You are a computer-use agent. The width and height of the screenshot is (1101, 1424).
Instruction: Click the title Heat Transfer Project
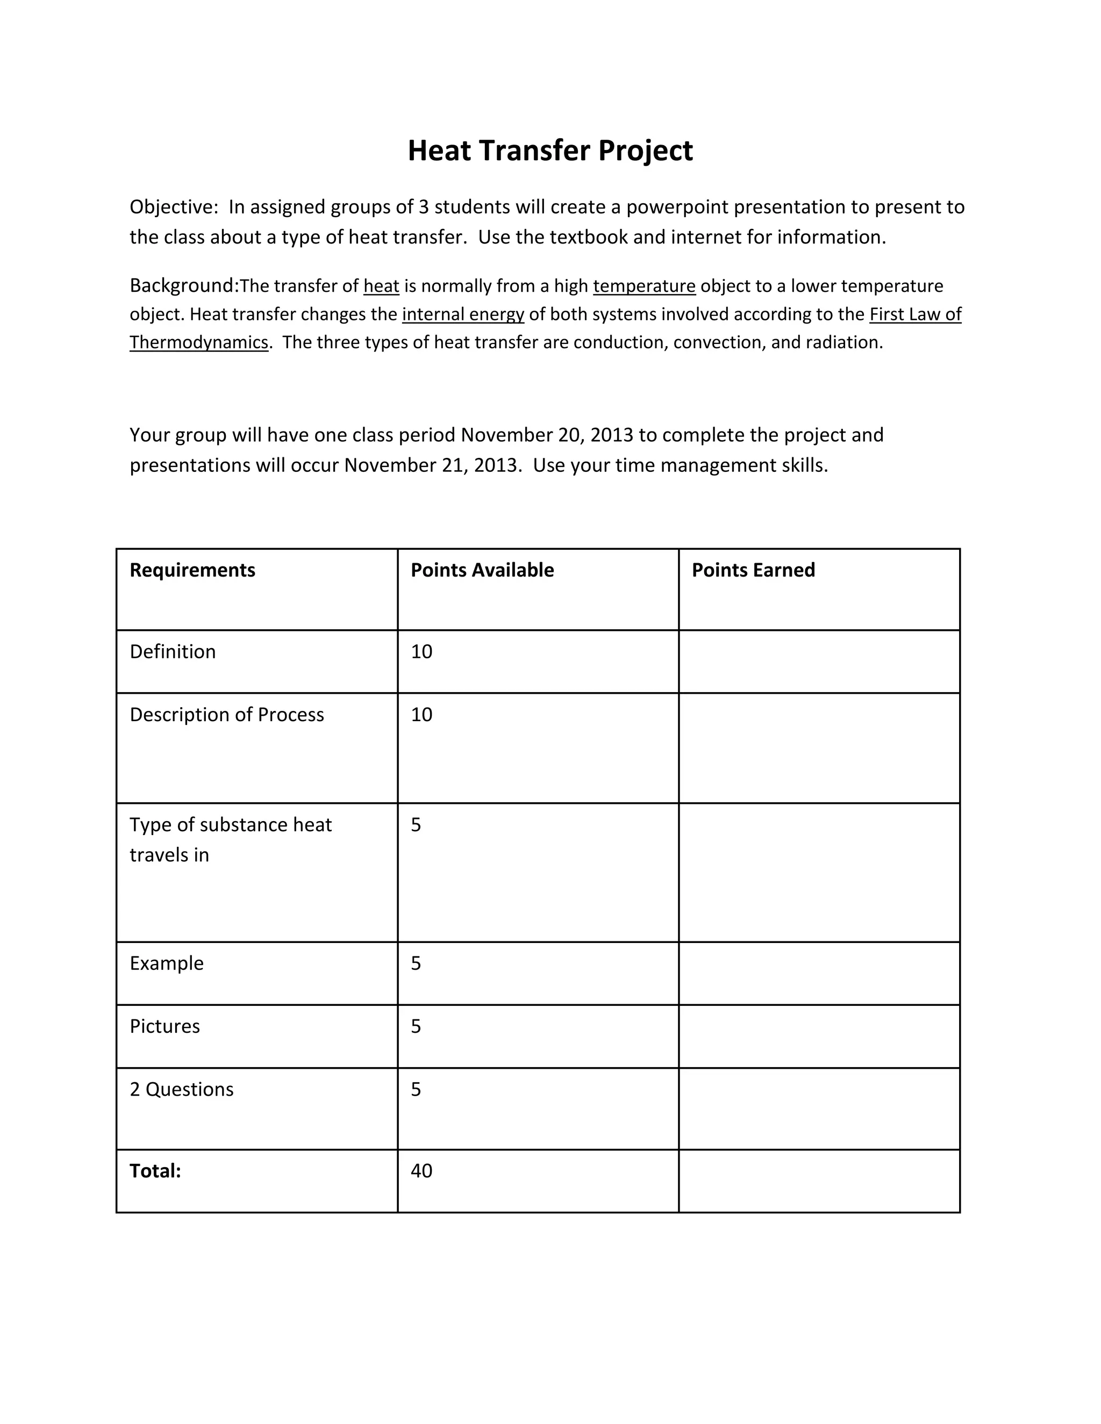(550, 150)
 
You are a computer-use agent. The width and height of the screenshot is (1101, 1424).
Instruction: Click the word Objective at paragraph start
(172, 207)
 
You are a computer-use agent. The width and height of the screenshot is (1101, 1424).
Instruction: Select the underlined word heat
(381, 286)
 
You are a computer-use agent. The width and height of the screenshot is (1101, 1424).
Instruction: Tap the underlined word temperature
(644, 286)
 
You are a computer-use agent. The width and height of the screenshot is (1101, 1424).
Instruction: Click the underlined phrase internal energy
(463, 314)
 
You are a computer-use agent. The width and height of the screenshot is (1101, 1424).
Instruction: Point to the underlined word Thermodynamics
(199, 342)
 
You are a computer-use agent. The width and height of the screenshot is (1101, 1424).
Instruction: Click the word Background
(183, 285)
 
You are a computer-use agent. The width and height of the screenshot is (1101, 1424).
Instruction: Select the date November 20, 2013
(547, 435)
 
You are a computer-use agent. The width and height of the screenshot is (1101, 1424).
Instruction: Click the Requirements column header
(192, 570)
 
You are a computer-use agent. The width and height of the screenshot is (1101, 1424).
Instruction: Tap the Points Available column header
(482, 570)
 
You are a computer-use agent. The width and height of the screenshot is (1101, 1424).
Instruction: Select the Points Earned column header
(753, 570)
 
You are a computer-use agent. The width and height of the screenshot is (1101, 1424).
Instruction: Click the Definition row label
(172, 651)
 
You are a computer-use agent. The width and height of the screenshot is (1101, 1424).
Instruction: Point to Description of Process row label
(226, 715)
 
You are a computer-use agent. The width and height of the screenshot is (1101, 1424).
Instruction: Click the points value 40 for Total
(421, 1170)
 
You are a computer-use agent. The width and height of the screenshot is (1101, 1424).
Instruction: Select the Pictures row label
(165, 1026)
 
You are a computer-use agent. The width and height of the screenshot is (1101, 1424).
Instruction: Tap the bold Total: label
(155, 1170)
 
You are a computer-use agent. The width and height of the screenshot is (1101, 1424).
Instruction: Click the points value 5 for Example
(416, 963)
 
